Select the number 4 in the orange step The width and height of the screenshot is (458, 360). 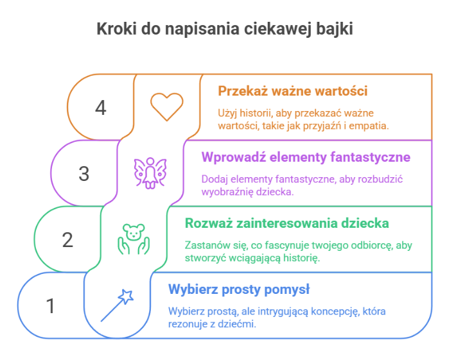100,107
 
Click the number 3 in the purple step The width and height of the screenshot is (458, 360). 84,173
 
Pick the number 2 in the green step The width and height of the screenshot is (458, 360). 67,240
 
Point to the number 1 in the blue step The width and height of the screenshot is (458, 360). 51,306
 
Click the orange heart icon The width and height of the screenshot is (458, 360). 166,107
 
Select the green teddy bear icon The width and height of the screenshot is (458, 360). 133,239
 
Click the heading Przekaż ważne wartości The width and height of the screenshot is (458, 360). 292,91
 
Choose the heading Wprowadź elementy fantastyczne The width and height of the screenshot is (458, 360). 306,157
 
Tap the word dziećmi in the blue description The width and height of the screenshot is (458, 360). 239,324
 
